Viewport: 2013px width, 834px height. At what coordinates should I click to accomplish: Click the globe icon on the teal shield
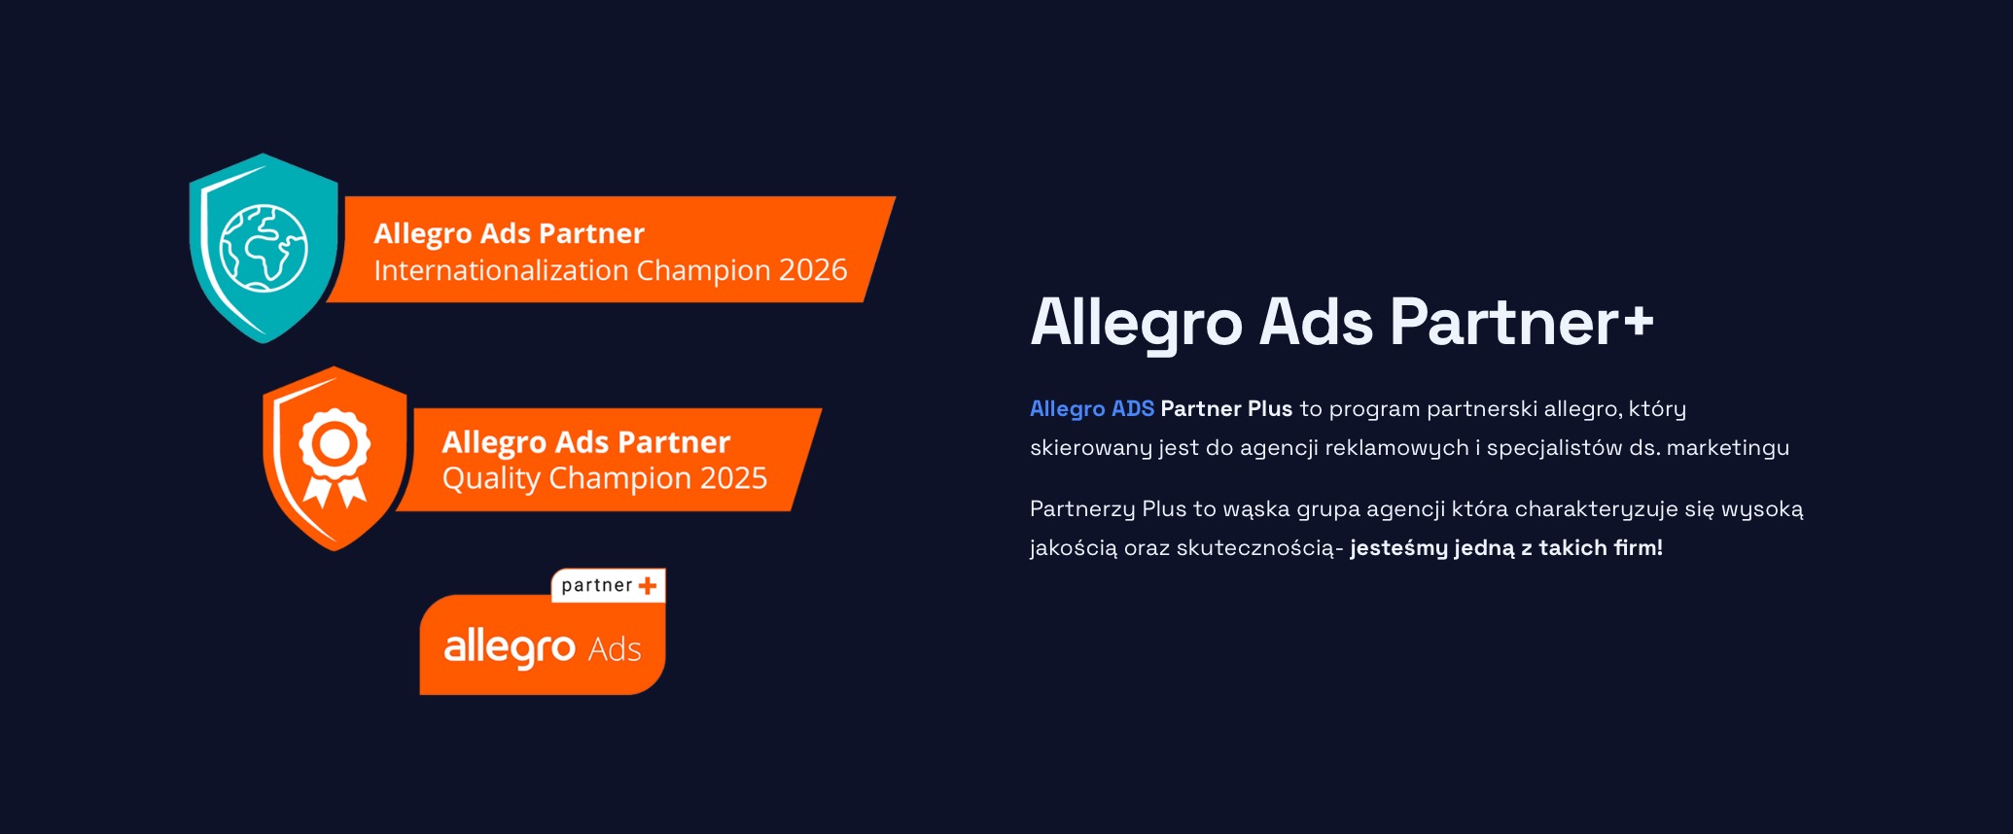coord(264,248)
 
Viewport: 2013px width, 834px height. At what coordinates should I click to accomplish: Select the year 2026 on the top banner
coord(813,269)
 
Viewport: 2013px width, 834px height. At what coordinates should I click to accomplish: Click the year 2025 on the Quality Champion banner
coord(734,478)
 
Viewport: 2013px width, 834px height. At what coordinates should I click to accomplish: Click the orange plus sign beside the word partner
coord(648,585)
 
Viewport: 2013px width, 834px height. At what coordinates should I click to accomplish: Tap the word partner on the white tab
coord(597,585)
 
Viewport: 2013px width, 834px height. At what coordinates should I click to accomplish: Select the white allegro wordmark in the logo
coord(510,647)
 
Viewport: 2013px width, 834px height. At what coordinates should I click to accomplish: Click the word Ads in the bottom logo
coord(615,649)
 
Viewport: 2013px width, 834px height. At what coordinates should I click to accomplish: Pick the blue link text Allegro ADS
coord(1092,409)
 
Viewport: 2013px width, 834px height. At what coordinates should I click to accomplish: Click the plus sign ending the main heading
coord(1638,321)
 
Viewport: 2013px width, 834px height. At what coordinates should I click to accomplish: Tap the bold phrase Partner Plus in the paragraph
coord(1226,409)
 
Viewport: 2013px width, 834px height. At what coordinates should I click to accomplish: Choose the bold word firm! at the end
coord(1639,548)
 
